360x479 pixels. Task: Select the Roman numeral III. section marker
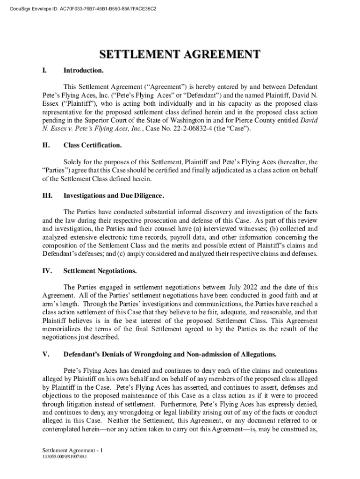(x=47, y=195)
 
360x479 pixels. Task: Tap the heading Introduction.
(x=83, y=71)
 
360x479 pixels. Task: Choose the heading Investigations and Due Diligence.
(x=114, y=195)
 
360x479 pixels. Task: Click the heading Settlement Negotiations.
(x=100, y=271)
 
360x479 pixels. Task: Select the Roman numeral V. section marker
(x=45, y=354)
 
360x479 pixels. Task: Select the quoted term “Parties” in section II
(x=55, y=170)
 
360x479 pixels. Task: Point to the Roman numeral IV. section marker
(x=47, y=271)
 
